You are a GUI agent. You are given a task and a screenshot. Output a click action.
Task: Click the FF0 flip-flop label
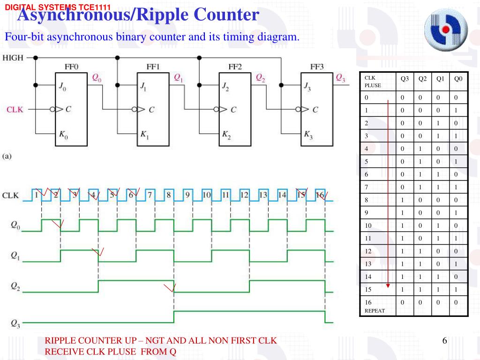pyautogui.click(x=71, y=67)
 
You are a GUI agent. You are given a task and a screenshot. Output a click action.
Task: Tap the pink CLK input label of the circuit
pyautogui.click(x=14, y=110)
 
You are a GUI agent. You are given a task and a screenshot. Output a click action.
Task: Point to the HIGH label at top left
pyautogui.click(x=14, y=58)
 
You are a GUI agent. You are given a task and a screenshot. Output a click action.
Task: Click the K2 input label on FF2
pyautogui.click(x=226, y=135)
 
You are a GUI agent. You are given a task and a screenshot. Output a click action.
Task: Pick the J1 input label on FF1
pyautogui.click(x=143, y=86)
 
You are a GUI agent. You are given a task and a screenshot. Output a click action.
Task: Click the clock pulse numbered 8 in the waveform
pyautogui.click(x=169, y=195)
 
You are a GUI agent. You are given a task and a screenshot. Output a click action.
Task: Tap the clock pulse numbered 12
pyautogui.click(x=244, y=195)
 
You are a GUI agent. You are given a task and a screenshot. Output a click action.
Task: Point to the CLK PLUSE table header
pyautogui.click(x=373, y=82)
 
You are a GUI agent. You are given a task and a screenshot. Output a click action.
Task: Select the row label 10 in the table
pyautogui.click(x=368, y=225)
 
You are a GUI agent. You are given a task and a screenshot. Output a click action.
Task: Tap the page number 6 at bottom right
pyautogui.click(x=444, y=341)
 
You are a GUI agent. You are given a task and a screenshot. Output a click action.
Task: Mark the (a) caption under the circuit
pyautogui.click(x=7, y=157)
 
